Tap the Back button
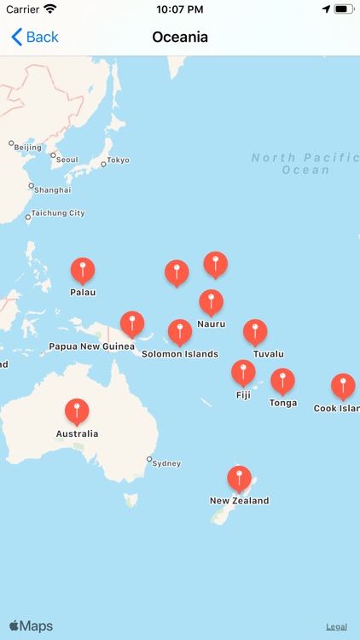click(35, 37)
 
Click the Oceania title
click(180, 37)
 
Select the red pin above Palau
click(83, 271)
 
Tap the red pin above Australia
click(77, 411)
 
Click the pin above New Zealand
click(240, 479)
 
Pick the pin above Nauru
click(211, 302)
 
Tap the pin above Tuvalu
click(255, 332)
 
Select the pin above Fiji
click(243, 373)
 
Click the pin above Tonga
click(282, 381)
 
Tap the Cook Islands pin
click(343, 386)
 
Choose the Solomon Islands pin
click(179, 332)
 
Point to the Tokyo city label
click(118, 160)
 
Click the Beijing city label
click(27, 148)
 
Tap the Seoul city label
click(67, 160)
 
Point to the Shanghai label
click(52, 189)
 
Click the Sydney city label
click(165, 463)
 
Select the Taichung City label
click(58, 213)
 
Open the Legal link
click(336, 626)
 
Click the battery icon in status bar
click(344, 9)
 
